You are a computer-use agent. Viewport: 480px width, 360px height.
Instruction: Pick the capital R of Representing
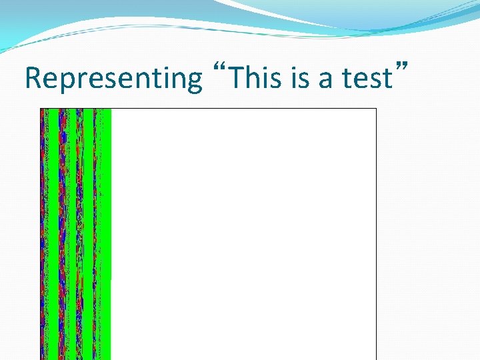coord(31,78)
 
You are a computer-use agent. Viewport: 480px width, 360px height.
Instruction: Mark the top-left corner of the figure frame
coord(40,109)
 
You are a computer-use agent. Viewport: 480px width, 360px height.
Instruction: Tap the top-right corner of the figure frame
coord(377,109)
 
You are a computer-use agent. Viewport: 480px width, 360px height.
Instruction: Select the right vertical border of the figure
coord(377,233)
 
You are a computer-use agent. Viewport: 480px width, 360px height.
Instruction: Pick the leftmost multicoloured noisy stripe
coord(45,233)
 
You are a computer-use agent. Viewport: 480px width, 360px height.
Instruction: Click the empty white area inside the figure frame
coord(243,233)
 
